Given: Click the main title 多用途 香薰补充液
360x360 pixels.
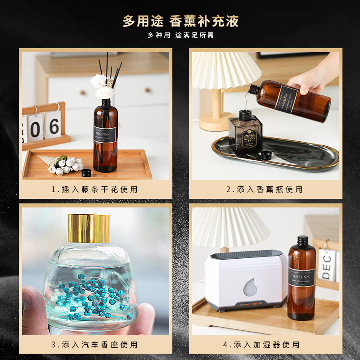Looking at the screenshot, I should click(x=180, y=21).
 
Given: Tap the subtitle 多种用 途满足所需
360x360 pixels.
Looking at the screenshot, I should click(x=180, y=35).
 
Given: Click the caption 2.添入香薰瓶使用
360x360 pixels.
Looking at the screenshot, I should click(x=264, y=189).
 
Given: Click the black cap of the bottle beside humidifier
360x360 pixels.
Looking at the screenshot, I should click(x=302, y=240).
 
